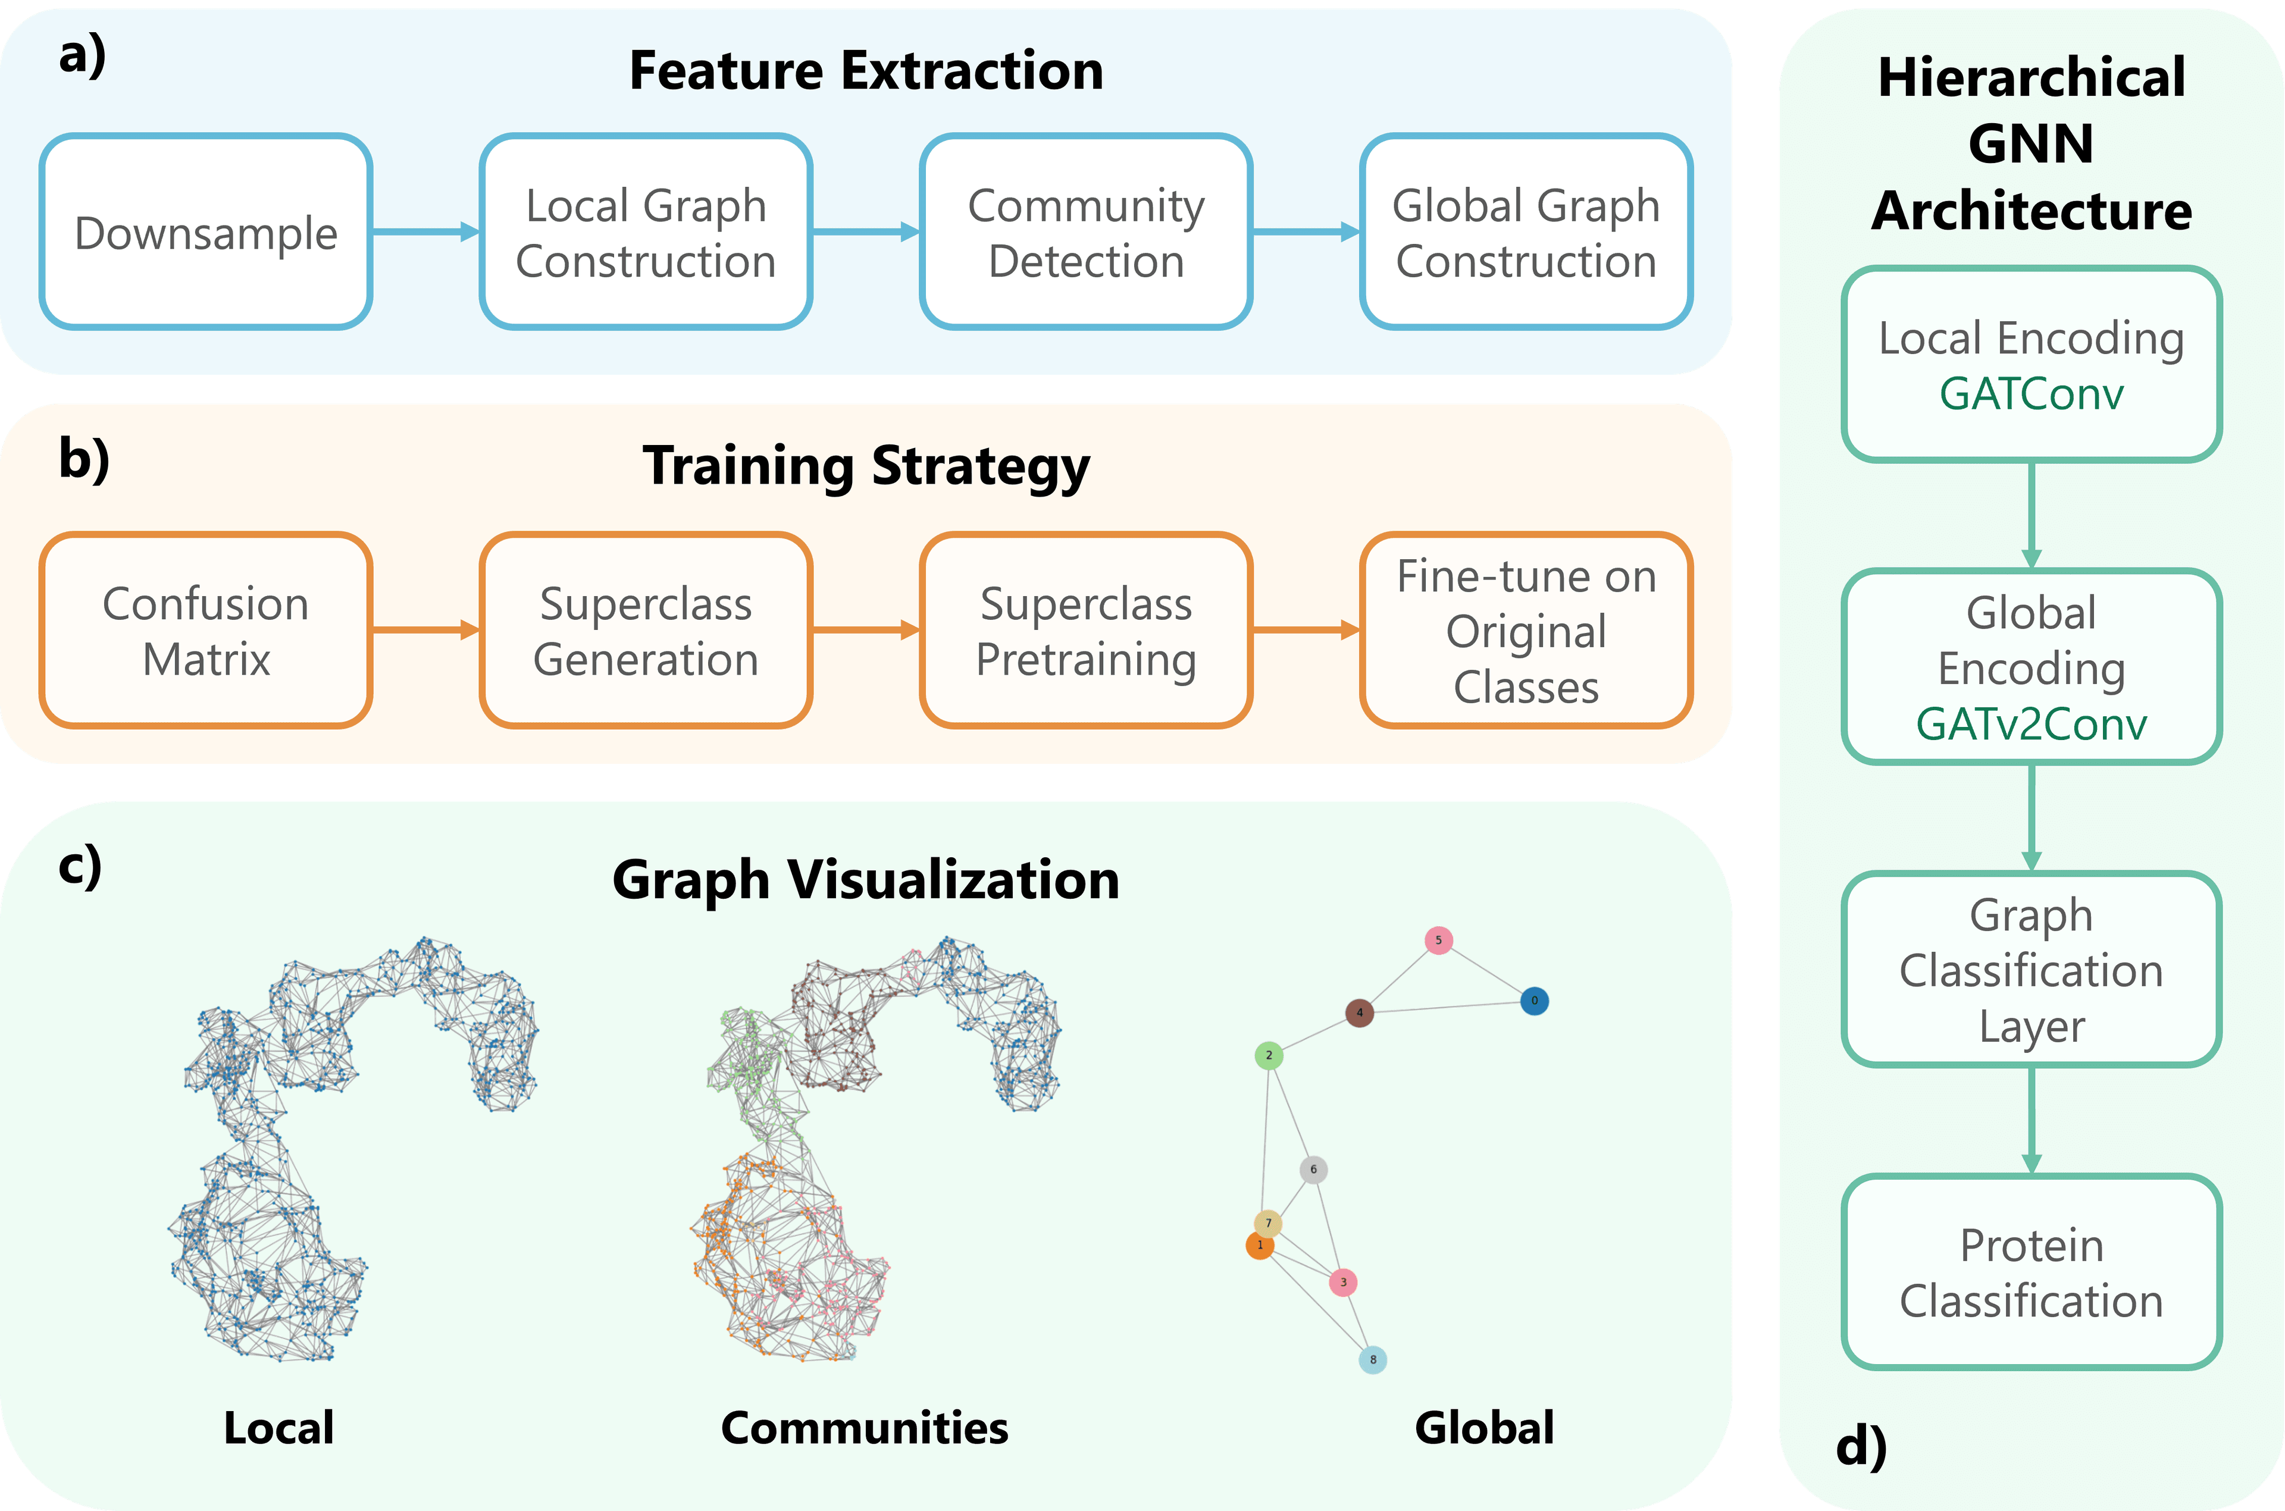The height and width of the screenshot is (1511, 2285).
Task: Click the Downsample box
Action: click(x=205, y=232)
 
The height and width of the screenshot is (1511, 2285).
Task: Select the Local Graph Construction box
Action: click(x=646, y=232)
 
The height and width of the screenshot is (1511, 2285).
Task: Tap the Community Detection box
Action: click(x=1085, y=232)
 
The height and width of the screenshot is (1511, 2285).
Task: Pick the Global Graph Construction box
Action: click(x=1526, y=232)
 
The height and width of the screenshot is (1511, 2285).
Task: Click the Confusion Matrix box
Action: click(x=205, y=630)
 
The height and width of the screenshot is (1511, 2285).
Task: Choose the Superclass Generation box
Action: click(x=646, y=630)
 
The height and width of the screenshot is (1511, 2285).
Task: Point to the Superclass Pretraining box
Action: click(x=1085, y=630)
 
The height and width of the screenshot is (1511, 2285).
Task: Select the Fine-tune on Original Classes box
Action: click(x=1526, y=630)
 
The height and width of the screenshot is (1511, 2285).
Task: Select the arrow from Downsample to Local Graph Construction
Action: click(x=425, y=232)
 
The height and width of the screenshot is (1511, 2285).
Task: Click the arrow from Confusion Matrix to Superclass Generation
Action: click(x=425, y=630)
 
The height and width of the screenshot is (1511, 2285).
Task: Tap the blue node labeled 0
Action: click(x=1534, y=1001)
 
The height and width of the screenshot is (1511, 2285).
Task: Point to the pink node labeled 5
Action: click(x=1439, y=941)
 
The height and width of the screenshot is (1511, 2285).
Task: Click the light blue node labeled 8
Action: click(x=1372, y=1360)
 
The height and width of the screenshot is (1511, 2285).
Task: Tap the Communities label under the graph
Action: click(x=865, y=1427)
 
